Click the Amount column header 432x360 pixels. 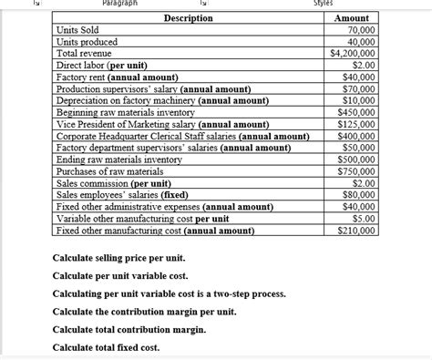click(352, 18)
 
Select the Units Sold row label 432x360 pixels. click(77, 30)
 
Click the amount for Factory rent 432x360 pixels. click(359, 77)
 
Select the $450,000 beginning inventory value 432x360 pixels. click(355, 113)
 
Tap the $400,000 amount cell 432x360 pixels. click(355, 137)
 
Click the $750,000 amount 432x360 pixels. click(355, 171)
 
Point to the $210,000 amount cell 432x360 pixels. click(355, 231)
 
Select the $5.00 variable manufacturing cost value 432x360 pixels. click(363, 219)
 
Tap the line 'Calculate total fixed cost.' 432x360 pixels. click(107, 348)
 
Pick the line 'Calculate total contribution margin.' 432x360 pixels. click(129, 330)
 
